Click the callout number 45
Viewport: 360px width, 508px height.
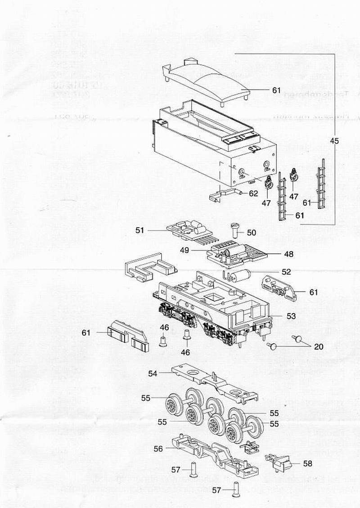click(334, 141)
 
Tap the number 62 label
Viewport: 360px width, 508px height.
click(253, 194)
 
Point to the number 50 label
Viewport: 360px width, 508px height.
click(251, 232)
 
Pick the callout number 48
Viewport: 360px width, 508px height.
click(288, 254)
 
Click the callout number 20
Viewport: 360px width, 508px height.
click(319, 346)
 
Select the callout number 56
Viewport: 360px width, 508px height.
click(158, 448)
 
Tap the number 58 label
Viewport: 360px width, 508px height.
click(307, 463)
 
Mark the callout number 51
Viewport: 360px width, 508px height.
click(140, 230)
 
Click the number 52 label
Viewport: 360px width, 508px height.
click(286, 272)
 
